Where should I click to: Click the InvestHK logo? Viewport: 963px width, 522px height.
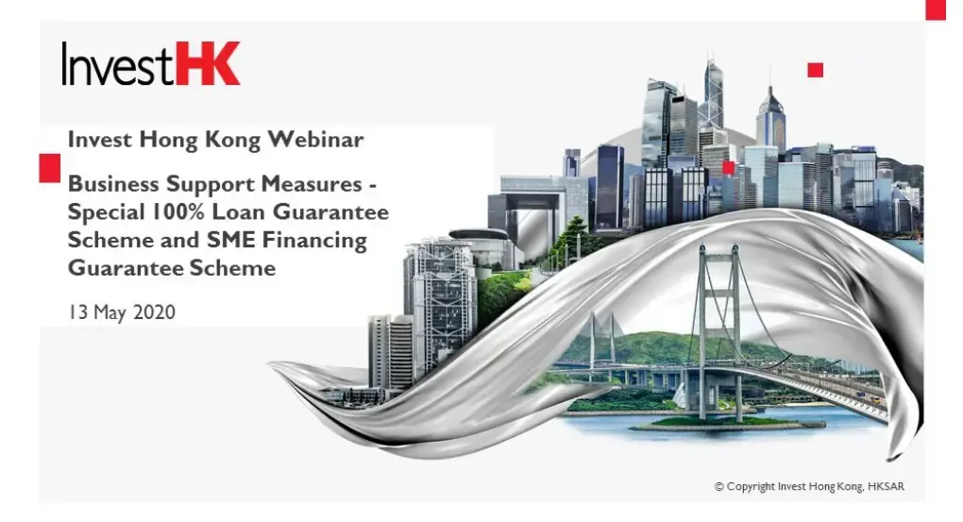[151, 63]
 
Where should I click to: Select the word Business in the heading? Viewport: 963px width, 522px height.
[111, 182]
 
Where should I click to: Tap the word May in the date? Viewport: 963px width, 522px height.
[108, 312]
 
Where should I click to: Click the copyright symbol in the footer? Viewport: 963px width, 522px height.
[719, 487]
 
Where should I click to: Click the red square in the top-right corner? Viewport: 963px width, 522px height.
[935, 8]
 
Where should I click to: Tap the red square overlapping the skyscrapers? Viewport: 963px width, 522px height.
[728, 167]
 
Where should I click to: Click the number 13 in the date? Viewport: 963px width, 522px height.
[76, 312]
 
